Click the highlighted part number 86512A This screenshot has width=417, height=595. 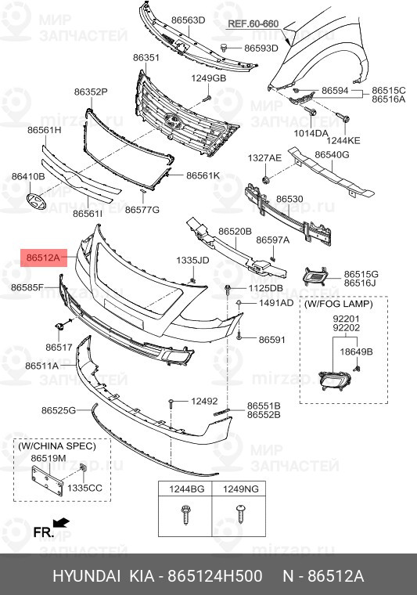pyautogui.click(x=43, y=258)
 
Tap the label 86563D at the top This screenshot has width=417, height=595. pyautogui.click(x=188, y=20)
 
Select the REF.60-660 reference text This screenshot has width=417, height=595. pyautogui.click(x=253, y=24)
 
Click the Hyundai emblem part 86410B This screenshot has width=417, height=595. pyautogui.click(x=36, y=202)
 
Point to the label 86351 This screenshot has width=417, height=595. pyautogui.click(x=146, y=58)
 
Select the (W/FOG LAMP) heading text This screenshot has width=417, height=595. pyautogui.click(x=339, y=304)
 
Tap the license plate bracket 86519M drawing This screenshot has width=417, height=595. pyautogui.click(x=48, y=481)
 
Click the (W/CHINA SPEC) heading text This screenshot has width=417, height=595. pyautogui.click(x=57, y=446)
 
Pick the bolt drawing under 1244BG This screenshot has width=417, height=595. pyautogui.click(x=185, y=514)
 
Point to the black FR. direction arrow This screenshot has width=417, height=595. pyautogui.click(x=61, y=523)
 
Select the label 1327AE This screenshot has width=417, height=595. pyautogui.click(x=264, y=158)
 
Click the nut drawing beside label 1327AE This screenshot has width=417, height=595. pyautogui.click(x=266, y=179)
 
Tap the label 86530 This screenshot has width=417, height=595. pyautogui.click(x=289, y=199)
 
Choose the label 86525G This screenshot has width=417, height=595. pyautogui.click(x=59, y=410)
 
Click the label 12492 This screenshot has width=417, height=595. pyautogui.click(x=204, y=401)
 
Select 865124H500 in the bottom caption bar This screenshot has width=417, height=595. pyautogui.click(x=215, y=576)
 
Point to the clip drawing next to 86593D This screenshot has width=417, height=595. pyautogui.click(x=223, y=48)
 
